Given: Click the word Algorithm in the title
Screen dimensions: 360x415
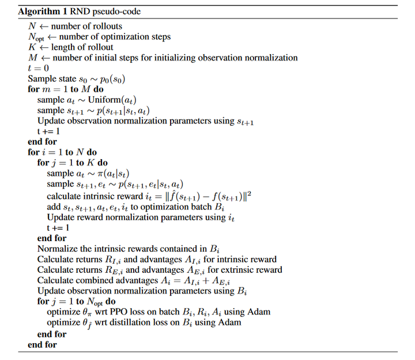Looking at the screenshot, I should (x=38, y=10).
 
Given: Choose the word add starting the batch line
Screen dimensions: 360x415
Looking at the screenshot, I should (x=54, y=206).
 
